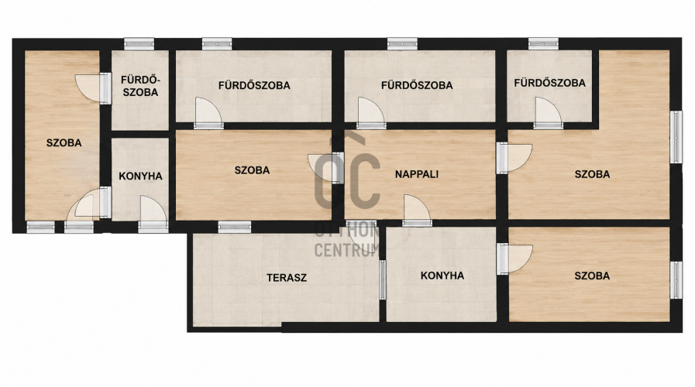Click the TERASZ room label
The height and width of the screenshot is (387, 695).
(287, 278)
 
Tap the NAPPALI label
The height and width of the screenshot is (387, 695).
(417, 174)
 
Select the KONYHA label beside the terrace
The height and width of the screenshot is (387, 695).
(442, 276)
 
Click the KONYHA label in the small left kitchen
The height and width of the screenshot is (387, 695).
(140, 176)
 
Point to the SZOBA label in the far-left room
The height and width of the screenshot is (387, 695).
(64, 142)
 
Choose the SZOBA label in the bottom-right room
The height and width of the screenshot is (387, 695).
(592, 276)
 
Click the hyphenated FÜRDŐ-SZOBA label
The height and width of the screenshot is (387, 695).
(139, 86)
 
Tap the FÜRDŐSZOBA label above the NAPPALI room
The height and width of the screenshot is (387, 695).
(417, 85)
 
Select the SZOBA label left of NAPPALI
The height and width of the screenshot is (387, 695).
(252, 170)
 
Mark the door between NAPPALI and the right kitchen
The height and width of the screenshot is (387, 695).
(417, 208)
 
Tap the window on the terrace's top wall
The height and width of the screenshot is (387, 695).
(235, 227)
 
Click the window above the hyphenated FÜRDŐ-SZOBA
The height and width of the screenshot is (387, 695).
(139, 44)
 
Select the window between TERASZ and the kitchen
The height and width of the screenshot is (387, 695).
(383, 280)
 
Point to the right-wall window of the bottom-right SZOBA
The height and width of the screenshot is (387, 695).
(676, 280)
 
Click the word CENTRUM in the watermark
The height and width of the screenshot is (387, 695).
(346, 250)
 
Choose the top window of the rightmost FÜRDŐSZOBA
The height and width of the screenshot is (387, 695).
(543, 44)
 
